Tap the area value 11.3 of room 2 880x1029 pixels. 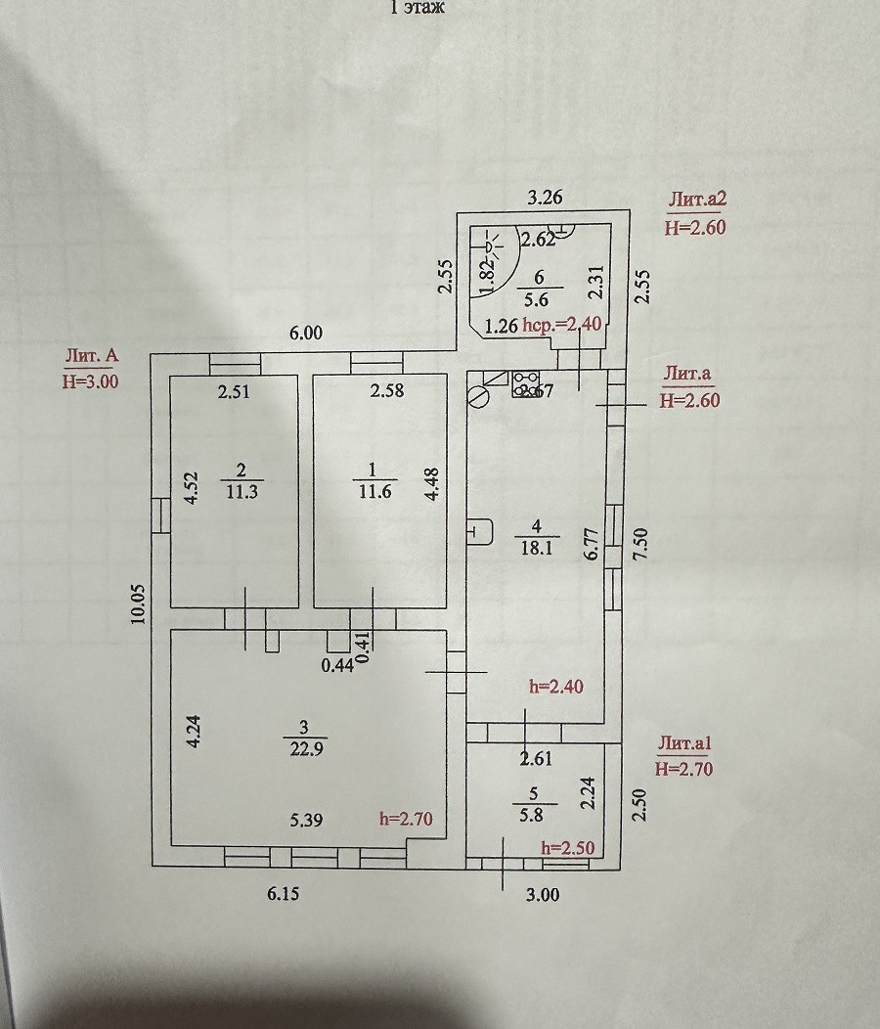(240, 491)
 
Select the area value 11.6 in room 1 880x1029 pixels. (374, 491)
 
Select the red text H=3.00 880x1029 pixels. (90, 381)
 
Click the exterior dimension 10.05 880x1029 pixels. (138, 603)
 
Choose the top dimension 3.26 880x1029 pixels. (545, 198)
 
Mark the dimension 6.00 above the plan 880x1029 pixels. (305, 333)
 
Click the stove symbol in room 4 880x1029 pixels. (524, 383)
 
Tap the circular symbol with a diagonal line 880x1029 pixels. (478, 396)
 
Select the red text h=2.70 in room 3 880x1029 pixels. (405, 819)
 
